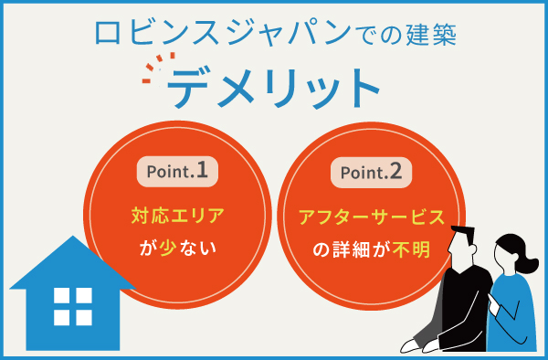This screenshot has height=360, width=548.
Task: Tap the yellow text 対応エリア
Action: point(177,217)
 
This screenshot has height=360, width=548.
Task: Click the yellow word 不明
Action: point(414,248)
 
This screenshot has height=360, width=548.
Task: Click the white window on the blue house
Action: point(73,305)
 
